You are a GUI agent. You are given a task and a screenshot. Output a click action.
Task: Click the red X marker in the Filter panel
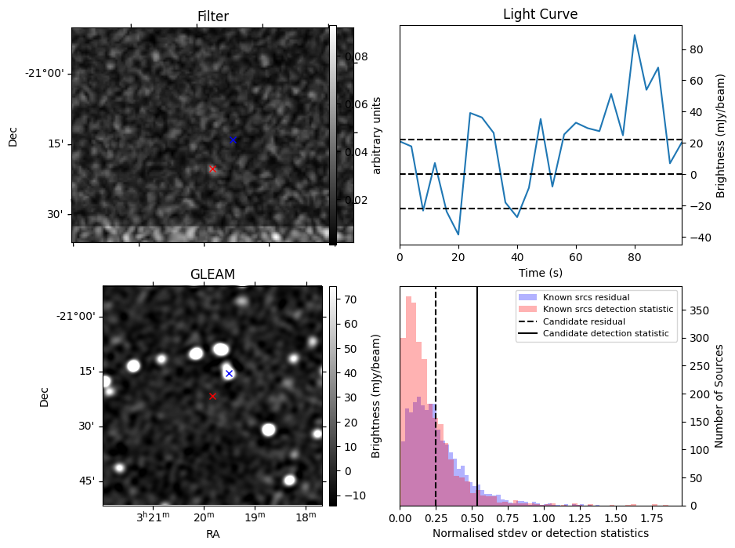pyautogui.click(x=213, y=169)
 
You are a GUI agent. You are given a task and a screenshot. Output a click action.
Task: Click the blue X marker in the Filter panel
pyautogui.click(x=233, y=140)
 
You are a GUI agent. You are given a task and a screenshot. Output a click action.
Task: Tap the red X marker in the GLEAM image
pyautogui.click(x=213, y=397)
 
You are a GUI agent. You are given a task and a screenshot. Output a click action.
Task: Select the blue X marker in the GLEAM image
pyautogui.click(x=230, y=373)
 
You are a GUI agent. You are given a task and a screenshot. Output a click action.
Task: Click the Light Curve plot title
pyautogui.click(x=540, y=14)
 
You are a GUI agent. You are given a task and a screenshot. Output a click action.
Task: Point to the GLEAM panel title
pyautogui.click(x=212, y=274)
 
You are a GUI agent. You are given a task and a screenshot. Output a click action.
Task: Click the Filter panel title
pyautogui.click(x=213, y=16)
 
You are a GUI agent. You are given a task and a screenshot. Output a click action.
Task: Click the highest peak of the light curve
pyautogui.click(x=635, y=35)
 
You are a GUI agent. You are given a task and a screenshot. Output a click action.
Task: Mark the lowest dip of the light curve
pyautogui.click(x=458, y=234)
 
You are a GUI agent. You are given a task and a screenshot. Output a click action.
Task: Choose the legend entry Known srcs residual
pyautogui.click(x=586, y=297)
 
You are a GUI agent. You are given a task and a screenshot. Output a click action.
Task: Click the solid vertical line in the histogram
pyautogui.click(x=477, y=397)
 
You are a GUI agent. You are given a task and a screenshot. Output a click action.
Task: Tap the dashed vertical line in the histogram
pyautogui.click(x=436, y=397)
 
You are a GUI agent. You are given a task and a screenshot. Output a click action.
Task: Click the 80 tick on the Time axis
pyautogui.click(x=635, y=257)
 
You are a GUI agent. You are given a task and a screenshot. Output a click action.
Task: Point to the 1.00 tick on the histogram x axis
pyautogui.click(x=544, y=518)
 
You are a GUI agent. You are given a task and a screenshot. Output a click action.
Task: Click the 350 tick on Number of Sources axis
pyautogui.click(x=700, y=310)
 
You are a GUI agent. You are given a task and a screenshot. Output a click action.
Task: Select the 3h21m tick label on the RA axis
pyautogui.click(x=154, y=517)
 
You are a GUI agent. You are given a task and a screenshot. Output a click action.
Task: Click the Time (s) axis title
pyautogui.click(x=541, y=273)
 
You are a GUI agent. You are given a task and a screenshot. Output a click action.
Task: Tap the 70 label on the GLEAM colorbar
pyautogui.click(x=350, y=299)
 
